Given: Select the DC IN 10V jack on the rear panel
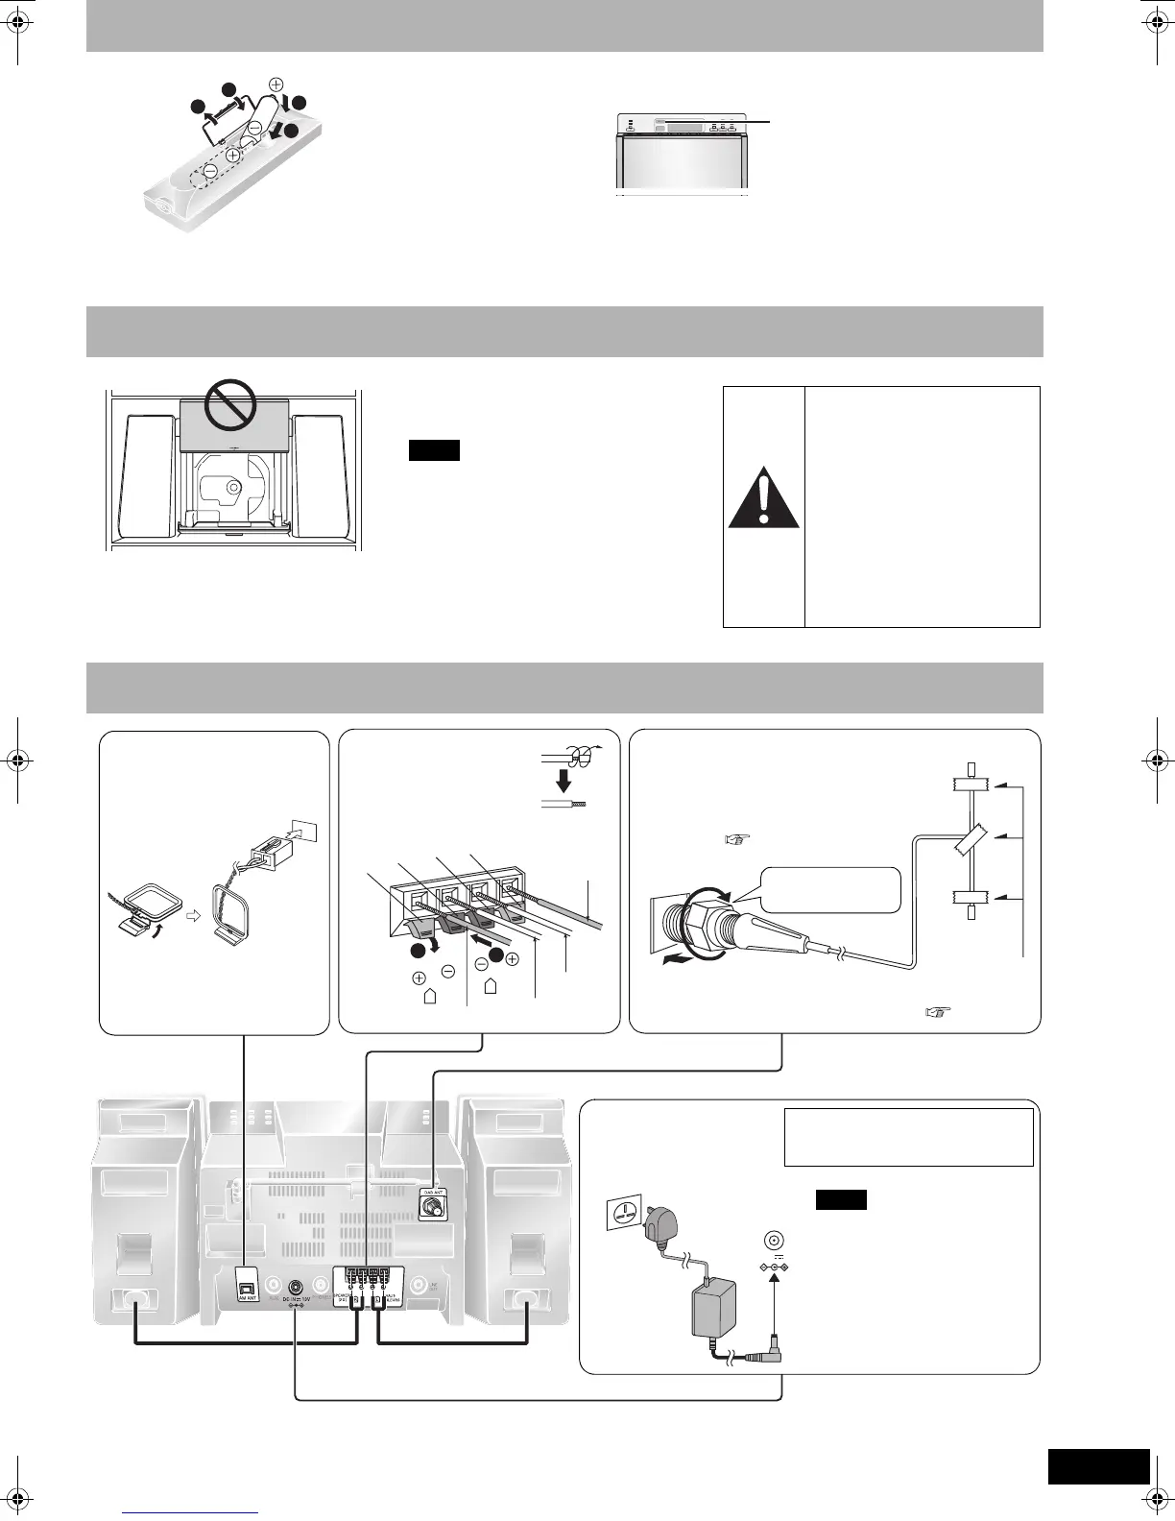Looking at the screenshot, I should click(x=296, y=1287).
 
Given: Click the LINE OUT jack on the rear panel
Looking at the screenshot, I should click(x=418, y=1287).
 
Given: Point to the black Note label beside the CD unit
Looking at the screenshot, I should click(x=434, y=450).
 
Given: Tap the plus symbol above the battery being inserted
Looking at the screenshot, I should click(x=276, y=84).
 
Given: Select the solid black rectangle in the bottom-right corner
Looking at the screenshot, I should click(x=1098, y=1466).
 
